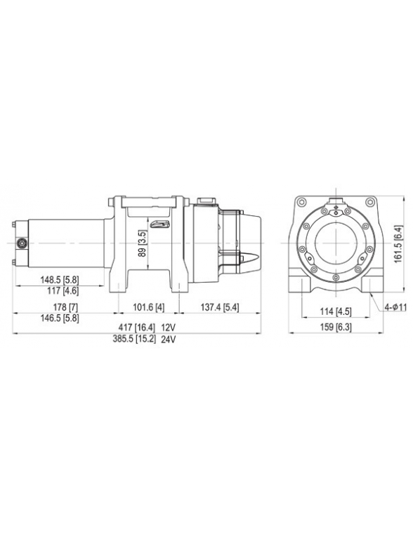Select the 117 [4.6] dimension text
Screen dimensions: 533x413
pos(60,290)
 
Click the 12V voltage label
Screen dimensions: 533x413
pos(167,328)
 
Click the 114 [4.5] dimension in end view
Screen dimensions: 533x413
pos(332,312)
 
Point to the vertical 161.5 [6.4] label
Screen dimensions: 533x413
pos(398,243)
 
